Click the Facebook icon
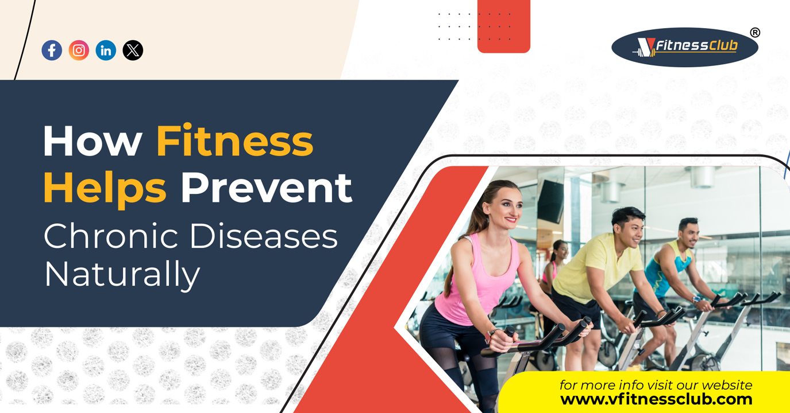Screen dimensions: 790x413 pyautogui.click(x=52, y=50)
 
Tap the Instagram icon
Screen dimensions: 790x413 pyautogui.click(x=79, y=50)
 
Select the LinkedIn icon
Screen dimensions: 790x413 pyautogui.click(x=106, y=50)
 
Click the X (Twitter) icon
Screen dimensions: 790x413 pyautogui.click(x=133, y=50)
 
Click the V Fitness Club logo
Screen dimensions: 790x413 pyautogui.click(x=685, y=47)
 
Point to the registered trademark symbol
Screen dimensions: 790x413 pyautogui.click(x=755, y=33)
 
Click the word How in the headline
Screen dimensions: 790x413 pyautogui.click(x=93, y=141)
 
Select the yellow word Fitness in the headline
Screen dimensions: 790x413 pyautogui.click(x=234, y=140)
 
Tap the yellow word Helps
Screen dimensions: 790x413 pyautogui.click(x=105, y=189)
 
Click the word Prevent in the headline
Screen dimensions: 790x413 pyautogui.click(x=267, y=188)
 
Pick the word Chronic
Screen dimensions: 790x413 pyautogui.click(x=111, y=235)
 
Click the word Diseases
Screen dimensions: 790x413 pyautogui.click(x=264, y=236)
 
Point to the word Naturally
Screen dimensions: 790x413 pyautogui.click(x=122, y=275)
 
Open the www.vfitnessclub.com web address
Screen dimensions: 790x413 pyautogui.click(x=656, y=399)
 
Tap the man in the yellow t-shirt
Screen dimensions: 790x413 pyautogui.click(x=610, y=282)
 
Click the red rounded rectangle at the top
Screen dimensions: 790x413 pyautogui.click(x=504, y=26)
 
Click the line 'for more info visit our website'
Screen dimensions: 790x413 pyautogui.click(x=656, y=385)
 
